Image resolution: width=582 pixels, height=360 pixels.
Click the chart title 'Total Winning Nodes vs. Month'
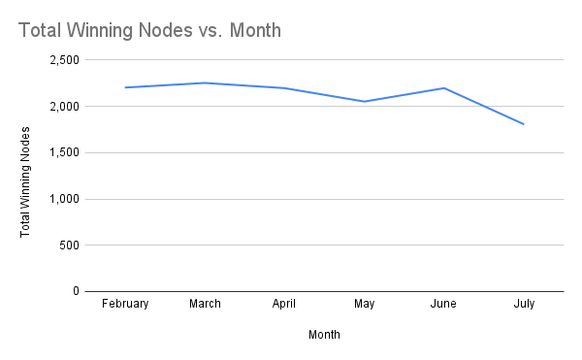pyautogui.click(x=149, y=31)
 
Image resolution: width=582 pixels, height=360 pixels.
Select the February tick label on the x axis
pyautogui.click(x=125, y=304)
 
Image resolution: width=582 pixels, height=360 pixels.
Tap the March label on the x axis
pyautogui.click(x=205, y=304)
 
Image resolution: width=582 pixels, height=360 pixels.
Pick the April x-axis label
pyautogui.click(x=284, y=304)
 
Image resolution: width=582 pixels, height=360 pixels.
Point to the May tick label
pyautogui.click(x=364, y=304)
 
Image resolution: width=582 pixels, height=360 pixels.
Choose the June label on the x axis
pyautogui.click(x=443, y=304)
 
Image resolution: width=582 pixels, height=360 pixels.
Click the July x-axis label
pyautogui.click(x=524, y=304)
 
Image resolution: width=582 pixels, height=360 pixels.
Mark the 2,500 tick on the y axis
pyautogui.click(x=63, y=60)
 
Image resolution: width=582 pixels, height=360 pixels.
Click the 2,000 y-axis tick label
pyautogui.click(x=63, y=107)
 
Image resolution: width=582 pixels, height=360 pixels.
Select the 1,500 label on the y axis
pyautogui.click(x=63, y=152)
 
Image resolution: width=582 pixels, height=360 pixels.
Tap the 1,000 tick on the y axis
pyautogui.click(x=63, y=199)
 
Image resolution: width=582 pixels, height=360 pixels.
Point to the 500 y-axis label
pyautogui.click(x=69, y=245)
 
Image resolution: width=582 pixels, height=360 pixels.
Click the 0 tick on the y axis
pyautogui.click(x=75, y=291)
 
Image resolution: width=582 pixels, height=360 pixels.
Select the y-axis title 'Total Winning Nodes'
pyautogui.click(x=26, y=176)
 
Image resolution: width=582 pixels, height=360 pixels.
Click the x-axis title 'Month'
pyautogui.click(x=324, y=335)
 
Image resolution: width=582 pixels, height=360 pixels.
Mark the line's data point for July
pyautogui.click(x=524, y=124)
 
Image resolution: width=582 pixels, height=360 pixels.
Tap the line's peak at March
pyautogui.click(x=205, y=82)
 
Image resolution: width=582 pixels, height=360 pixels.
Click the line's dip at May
pyautogui.click(x=364, y=101)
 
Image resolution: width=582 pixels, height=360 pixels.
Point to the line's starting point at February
pyautogui.click(x=125, y=87)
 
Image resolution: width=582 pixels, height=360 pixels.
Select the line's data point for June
pyautogui.click(x=443, y=88)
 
